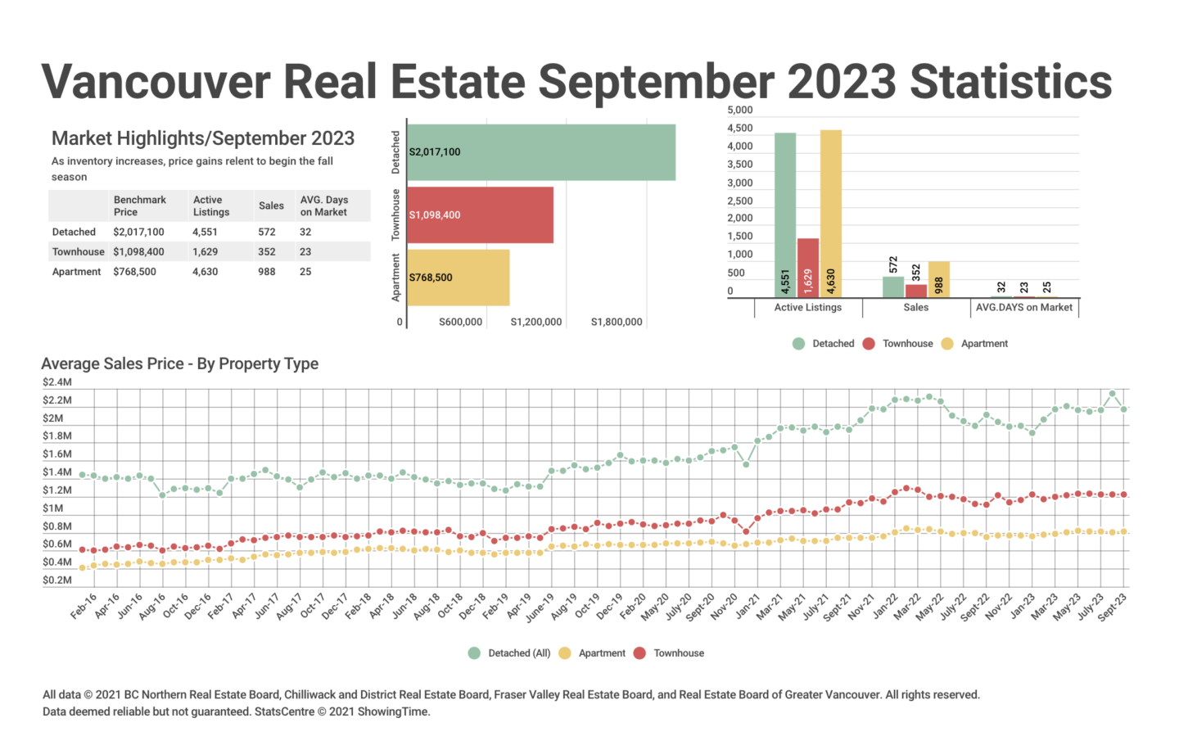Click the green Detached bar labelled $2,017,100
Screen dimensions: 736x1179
pyautogui.click(x=540, y=152)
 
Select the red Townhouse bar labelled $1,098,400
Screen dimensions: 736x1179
pyautogui.click(x=480, y=214)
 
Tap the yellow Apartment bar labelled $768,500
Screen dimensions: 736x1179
pyautogui.click(x=458, y=278)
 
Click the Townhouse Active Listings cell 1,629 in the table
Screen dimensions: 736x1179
pyautogui.click(x=205, y=252)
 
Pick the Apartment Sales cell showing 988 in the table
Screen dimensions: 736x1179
pyautogui.click(x=267, y=272)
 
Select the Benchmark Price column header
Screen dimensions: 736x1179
pyautogui.click(x=139, y=205)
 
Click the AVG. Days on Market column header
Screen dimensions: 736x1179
pyautogui.click(x=323, y=205)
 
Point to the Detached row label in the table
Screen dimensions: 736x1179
pyautogui.click(x=74, y=233)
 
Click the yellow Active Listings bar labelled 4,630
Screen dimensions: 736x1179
pyautogui.click(x=830, y=214)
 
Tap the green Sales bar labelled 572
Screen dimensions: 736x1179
pyautogui.click(x=893, y=287)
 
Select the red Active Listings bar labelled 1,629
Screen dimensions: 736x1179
pyautogui.click(x=808, y=268)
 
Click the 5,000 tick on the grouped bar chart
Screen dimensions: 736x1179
pyautogui.click(x=739, y=111)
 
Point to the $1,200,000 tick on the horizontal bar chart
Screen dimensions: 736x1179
pyautogui.click(x=535, y=323)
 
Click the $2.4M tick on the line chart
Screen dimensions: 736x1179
pyautogui.click(x=57, y=382)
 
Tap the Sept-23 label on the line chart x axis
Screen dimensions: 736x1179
pyautogui.click(x=1112, y=607)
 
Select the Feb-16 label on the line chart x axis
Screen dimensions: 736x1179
pyautogui.click(x=84, y=607)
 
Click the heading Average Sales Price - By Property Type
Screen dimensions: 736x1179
pyautogui.click(x=179, y=364)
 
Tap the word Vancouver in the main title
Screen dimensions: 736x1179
pyautogui.click(x=156, y=82)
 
